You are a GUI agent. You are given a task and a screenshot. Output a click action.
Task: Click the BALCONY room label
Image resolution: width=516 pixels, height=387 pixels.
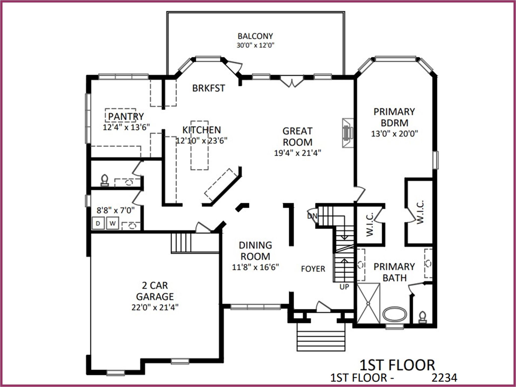point(255,36)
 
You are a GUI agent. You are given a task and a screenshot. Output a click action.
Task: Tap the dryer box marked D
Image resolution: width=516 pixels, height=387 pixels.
point(98,223)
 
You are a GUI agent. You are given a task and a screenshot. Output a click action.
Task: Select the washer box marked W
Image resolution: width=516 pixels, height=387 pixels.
point(112,223)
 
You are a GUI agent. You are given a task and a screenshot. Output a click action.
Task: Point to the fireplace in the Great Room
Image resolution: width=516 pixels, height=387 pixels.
point(348,133)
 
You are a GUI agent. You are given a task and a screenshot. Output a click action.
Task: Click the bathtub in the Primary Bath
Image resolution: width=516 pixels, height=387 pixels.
point(395,314)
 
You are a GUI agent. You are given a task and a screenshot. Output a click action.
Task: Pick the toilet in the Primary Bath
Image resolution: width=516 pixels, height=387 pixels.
point(422,317)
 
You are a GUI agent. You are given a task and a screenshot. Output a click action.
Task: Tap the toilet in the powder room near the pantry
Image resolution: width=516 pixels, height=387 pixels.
point(105,181)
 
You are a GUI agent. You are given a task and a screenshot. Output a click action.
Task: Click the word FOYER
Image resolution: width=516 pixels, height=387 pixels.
point(313,269)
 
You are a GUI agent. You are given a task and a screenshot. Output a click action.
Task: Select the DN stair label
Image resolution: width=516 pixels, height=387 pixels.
point(312,216)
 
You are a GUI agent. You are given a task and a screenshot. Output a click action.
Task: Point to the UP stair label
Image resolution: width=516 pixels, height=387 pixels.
point(344,287)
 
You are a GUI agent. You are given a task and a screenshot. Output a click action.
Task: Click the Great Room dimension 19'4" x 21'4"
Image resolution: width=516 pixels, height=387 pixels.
point(298,153)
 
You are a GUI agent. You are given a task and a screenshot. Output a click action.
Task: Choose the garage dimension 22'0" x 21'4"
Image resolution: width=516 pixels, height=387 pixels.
point(155,307)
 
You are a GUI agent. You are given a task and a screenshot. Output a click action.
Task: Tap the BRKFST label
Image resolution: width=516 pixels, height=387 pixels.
point(209,88)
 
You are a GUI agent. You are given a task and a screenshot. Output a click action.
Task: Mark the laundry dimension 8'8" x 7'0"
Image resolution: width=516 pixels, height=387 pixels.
point(116,210)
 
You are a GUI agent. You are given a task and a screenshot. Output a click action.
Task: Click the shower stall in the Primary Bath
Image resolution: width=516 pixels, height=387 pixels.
point(368,303)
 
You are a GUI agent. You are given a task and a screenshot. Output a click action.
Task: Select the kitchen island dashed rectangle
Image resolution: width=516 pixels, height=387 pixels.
point(200,145)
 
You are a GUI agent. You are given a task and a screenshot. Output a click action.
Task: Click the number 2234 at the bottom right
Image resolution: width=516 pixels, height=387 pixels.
point(444,378)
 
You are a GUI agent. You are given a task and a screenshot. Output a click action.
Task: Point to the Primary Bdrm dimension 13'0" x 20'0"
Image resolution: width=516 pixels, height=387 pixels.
point(394,134)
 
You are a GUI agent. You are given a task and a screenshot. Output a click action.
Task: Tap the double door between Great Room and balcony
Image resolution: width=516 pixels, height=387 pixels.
point(292,81)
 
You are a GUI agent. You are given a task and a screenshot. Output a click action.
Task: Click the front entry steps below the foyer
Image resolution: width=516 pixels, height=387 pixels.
point(321,337)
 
